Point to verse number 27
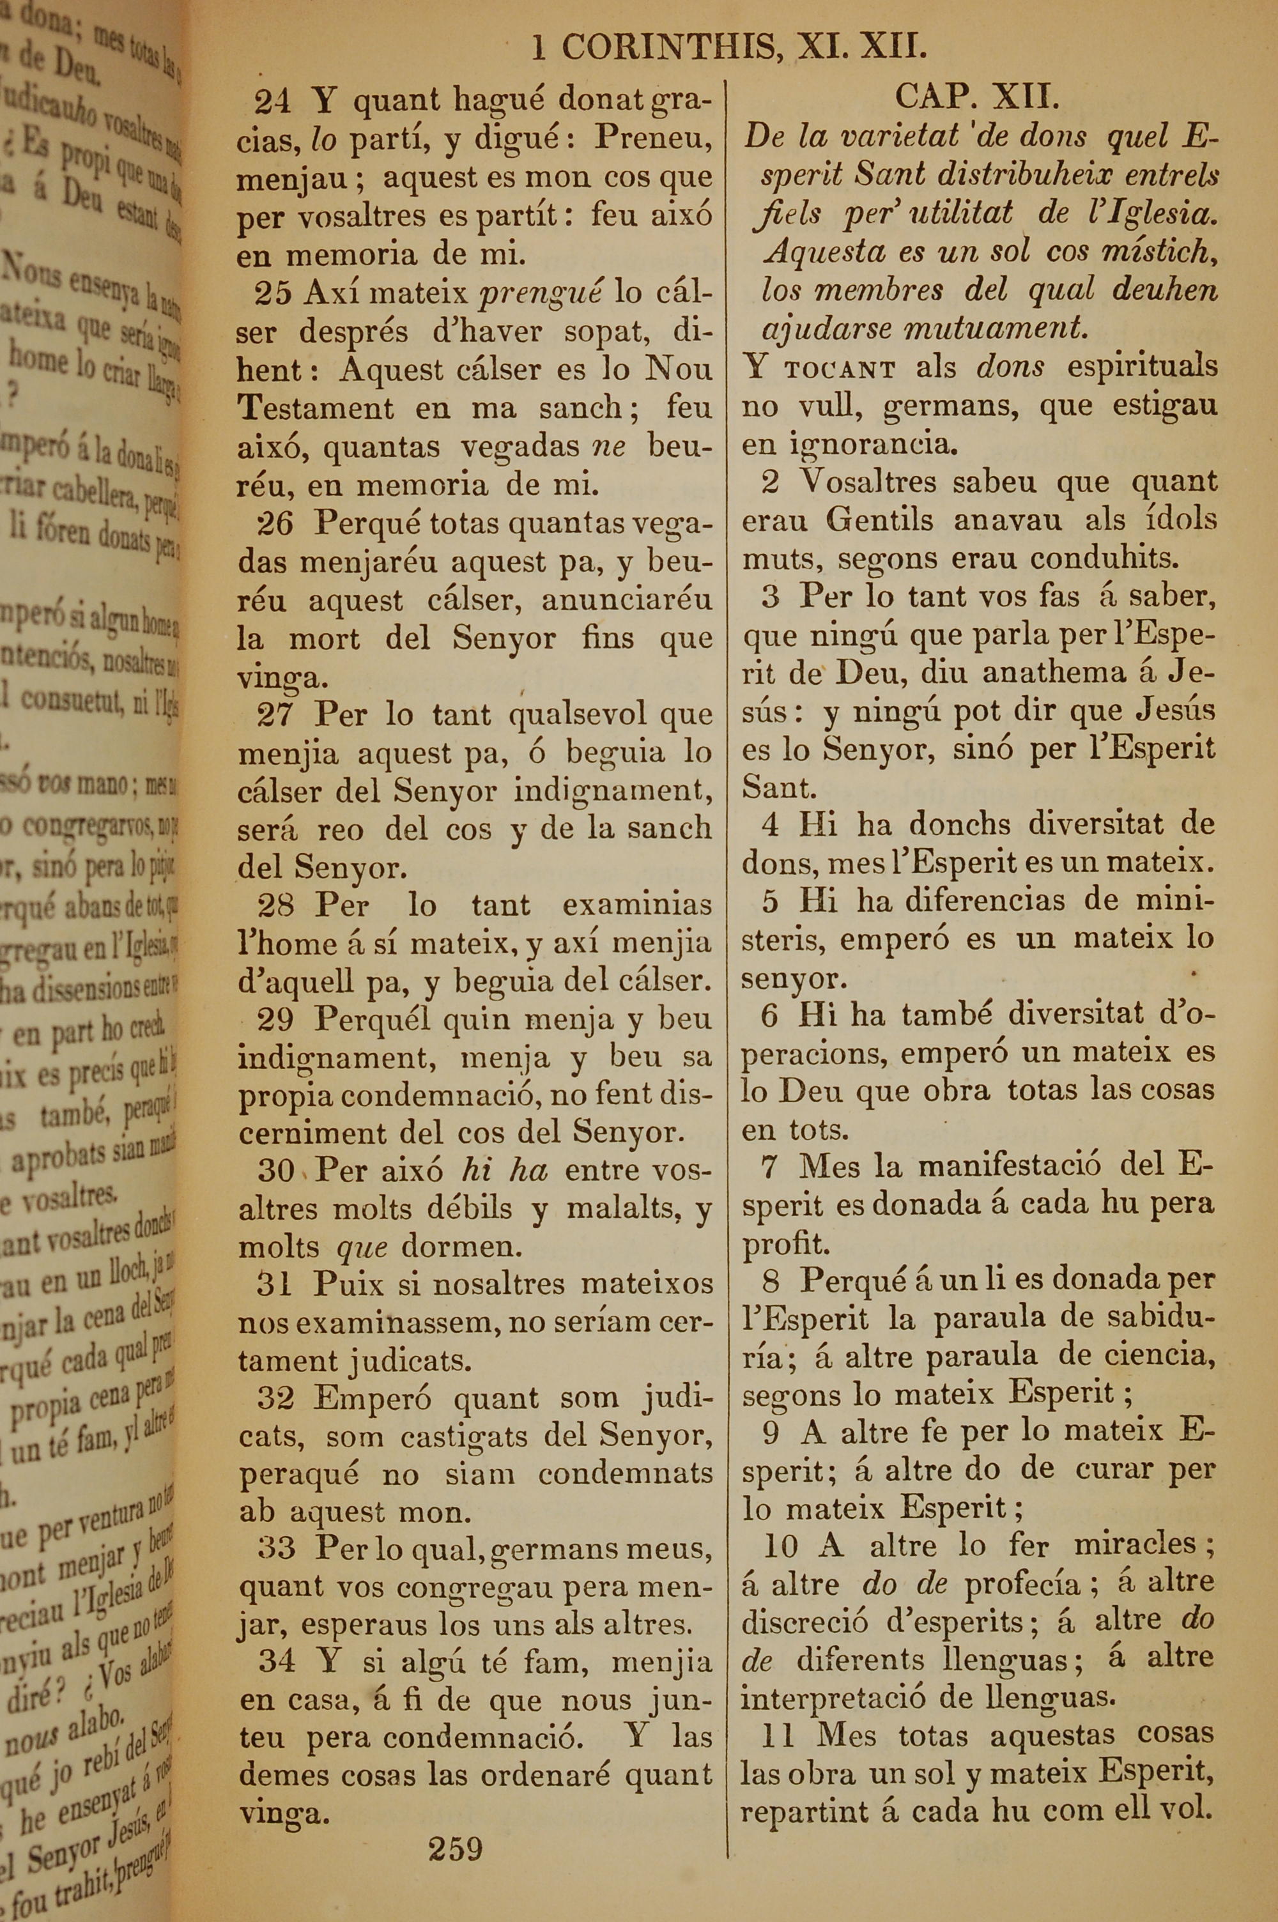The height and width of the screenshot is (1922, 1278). point(275,716)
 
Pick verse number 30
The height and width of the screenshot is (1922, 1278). point(275,1171)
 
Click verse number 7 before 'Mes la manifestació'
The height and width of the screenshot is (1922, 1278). point(769,1167)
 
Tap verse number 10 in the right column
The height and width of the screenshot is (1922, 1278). point(781,1545)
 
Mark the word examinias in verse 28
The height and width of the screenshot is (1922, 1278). point(636,905)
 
